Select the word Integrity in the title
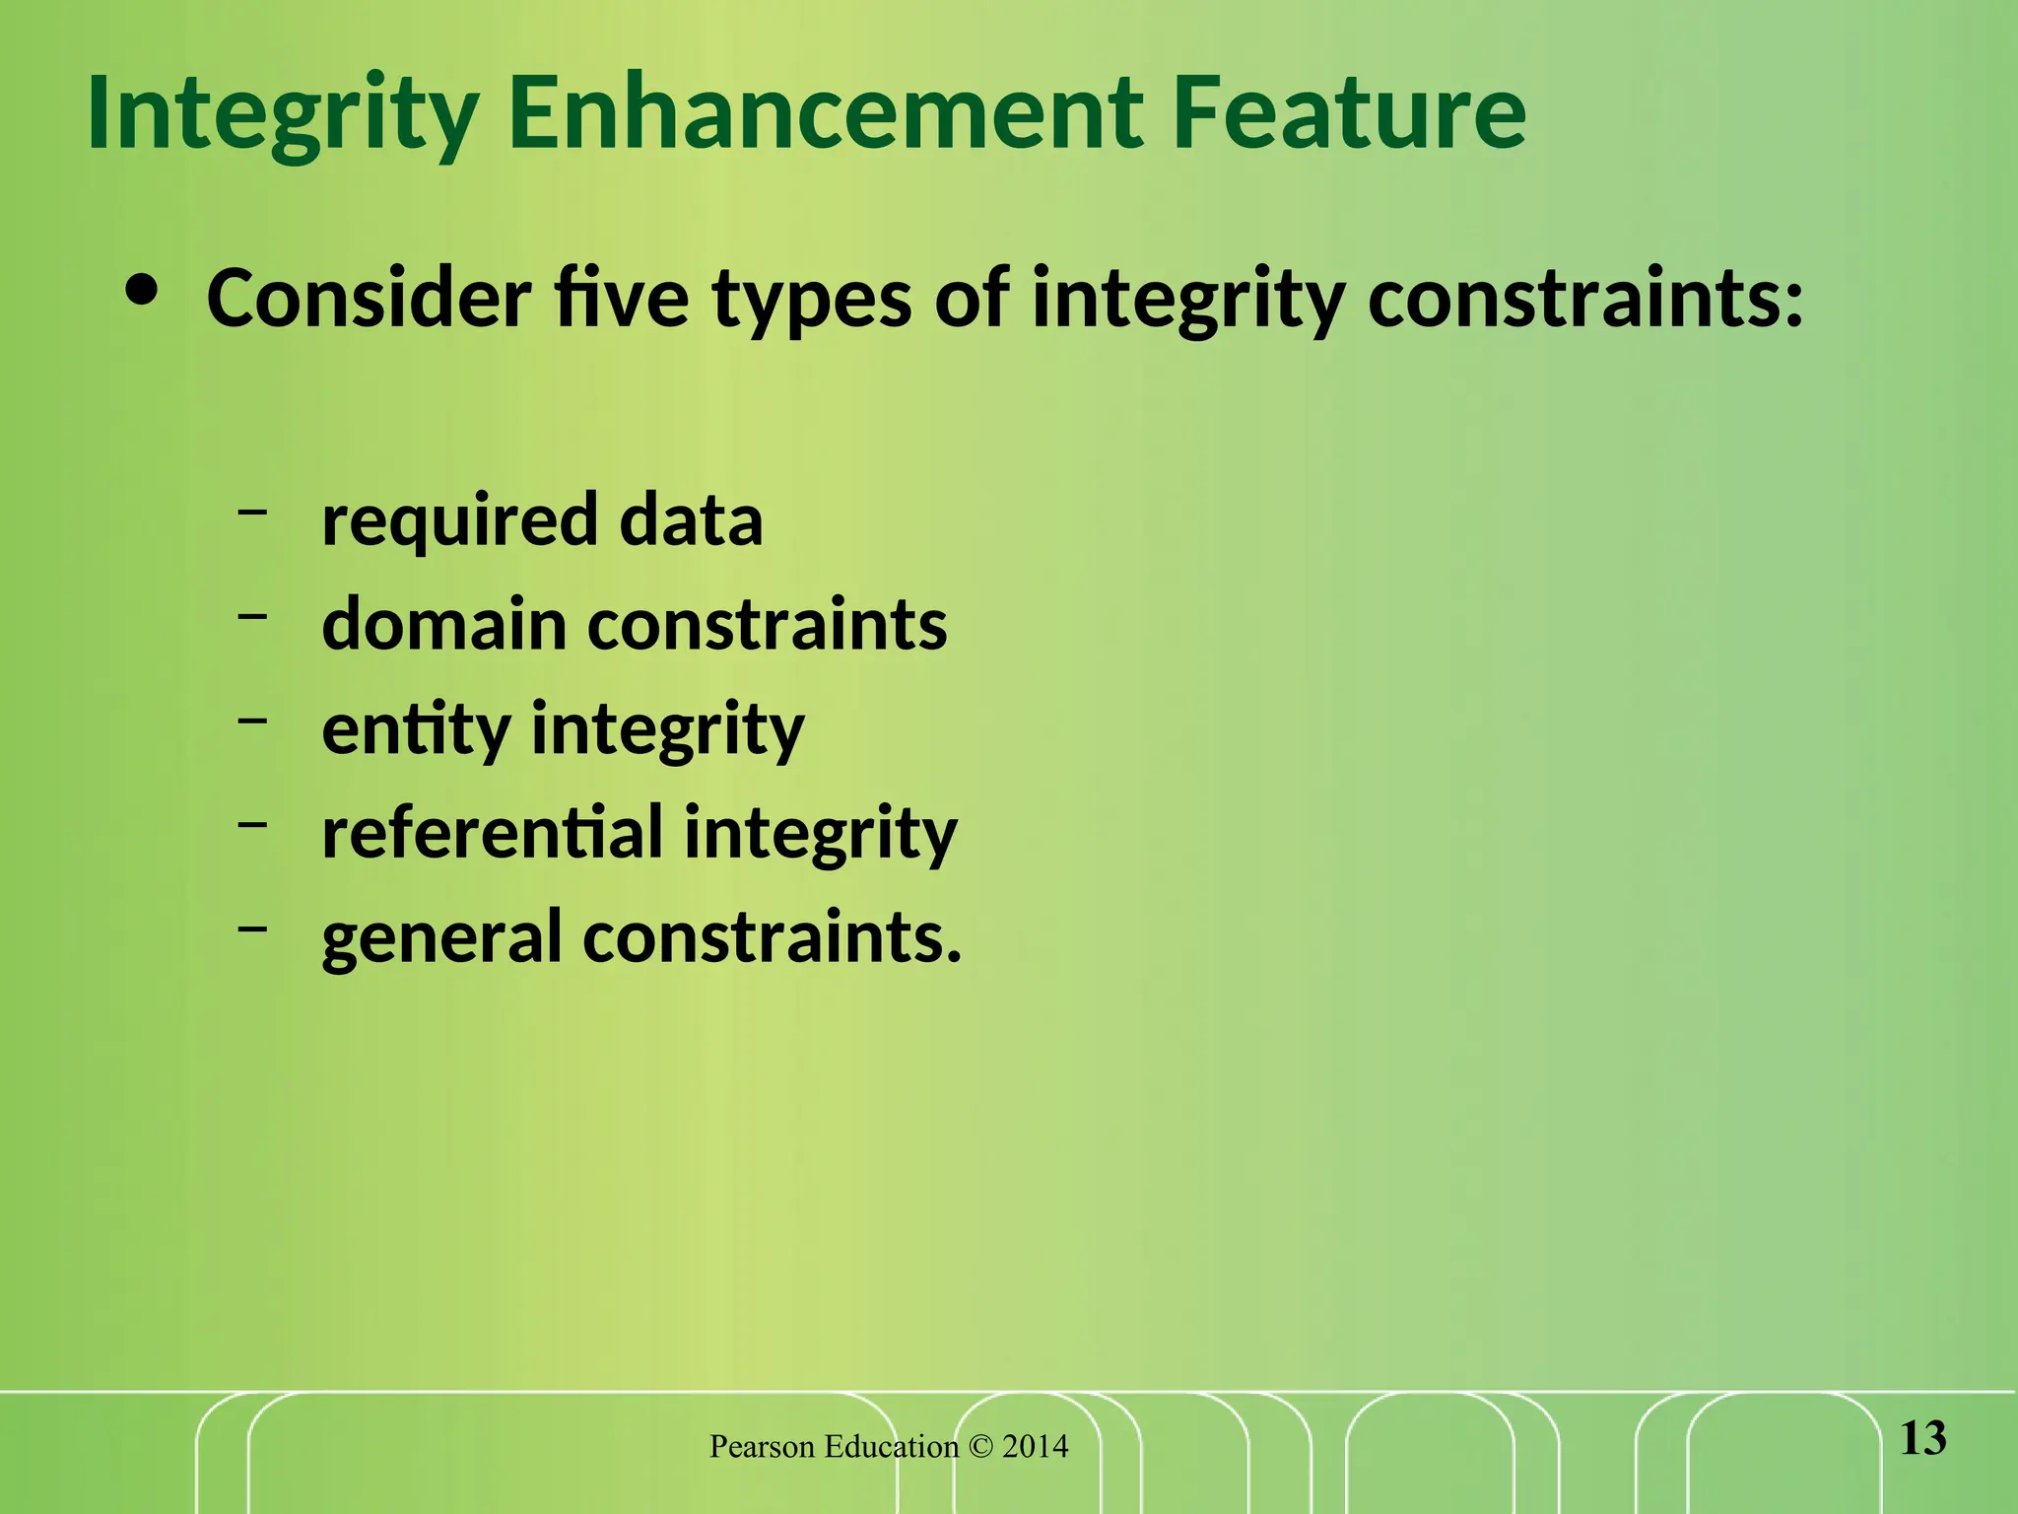point(283,116)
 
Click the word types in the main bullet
point(811,301)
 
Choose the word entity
point(416,730)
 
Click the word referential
point(492,832)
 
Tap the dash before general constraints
point(252,928)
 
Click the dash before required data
point(252,512)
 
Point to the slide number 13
point(1922,1439)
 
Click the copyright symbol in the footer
point(980,1447)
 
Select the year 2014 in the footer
point(1035,1447)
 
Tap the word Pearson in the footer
point(762,1447)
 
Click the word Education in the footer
point(891,1447)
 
